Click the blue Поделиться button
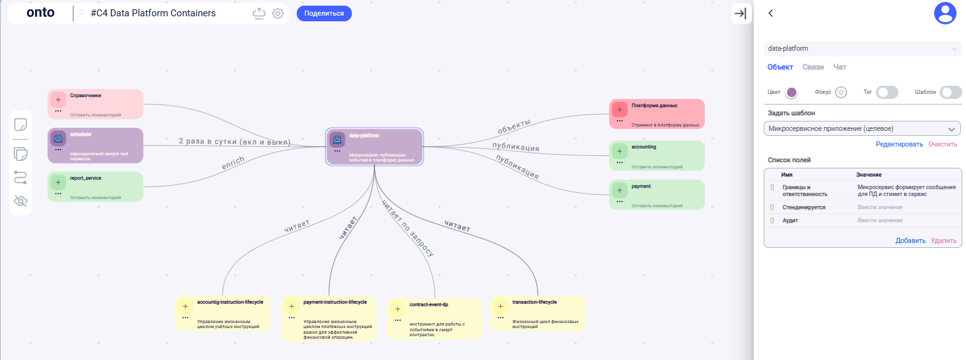tap(324, 13)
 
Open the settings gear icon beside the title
tap(278, 13)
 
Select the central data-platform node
tap(374, 147)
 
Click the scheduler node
tap(95, 145)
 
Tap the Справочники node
tap(95, 104)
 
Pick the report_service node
tap(95, 187)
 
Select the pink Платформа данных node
tap(657, 114)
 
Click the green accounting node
tap(657, 155)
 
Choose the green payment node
tap(657, 195)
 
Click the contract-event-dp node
tap(434, 318)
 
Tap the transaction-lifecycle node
tap(538, 313)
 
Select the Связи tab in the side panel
tap(813, 67)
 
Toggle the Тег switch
tap(886, 92)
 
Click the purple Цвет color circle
tap(791, 92)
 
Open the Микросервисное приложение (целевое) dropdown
tap(862, 128)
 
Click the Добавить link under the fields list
tap(910, 240)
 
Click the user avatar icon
tap(945, 13)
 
